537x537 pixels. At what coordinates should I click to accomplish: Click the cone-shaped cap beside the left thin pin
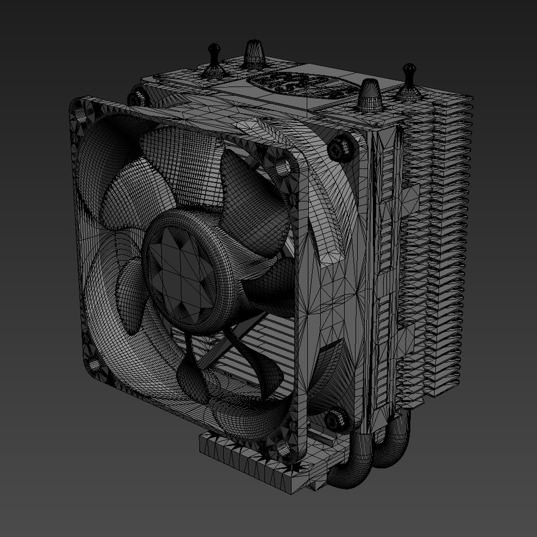pyautogui.click(x=254, y=55)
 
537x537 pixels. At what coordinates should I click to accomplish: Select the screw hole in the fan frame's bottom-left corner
pyautogui.click(x=93, y=365)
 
